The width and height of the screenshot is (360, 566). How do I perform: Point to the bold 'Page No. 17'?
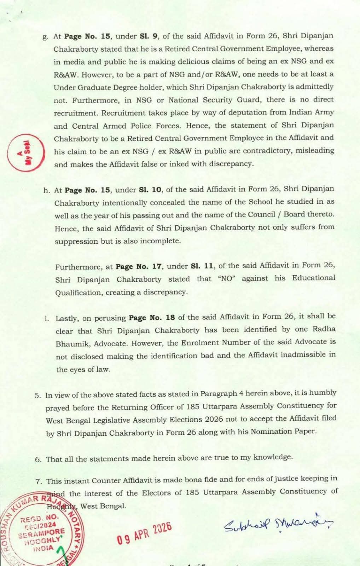coord(139,266)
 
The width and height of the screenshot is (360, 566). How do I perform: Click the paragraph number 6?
coord(38,460)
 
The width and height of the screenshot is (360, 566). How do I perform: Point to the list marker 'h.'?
coord(47,190)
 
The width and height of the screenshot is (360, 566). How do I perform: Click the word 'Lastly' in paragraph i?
coord(67,318)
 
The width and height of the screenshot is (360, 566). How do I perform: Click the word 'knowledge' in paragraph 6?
coord(272,457)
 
